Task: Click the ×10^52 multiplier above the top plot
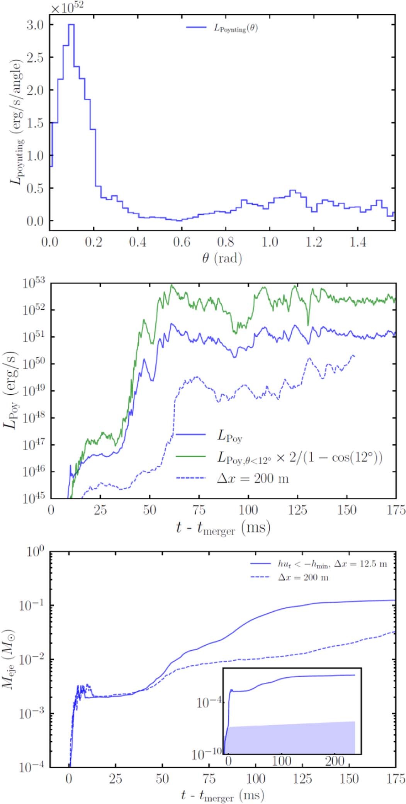click(x=67, y=7)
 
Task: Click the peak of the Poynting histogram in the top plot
click(x=71, y=25)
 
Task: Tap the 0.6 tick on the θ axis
click(x=182, y=242)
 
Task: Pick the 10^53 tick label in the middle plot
click(x=34, y=284)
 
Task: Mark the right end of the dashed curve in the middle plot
click(x=354, y=356)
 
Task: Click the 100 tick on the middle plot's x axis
click(x=248, y=510)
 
